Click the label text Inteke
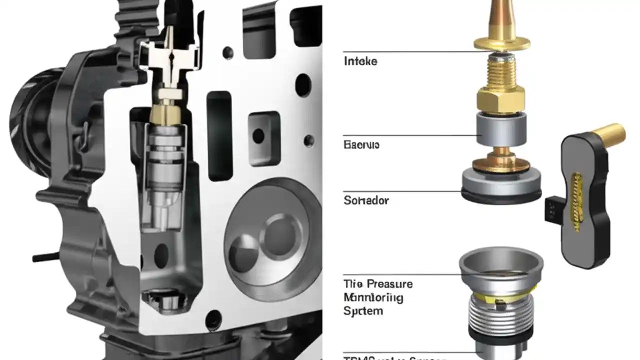tap(360, 61)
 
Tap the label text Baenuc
tap(361, 145)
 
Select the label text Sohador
tap(366, 201)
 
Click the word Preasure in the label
tap(388, 284)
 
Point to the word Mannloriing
tap(373, 297)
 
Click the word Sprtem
tap(363, 311)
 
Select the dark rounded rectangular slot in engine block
tap(219, 135)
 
